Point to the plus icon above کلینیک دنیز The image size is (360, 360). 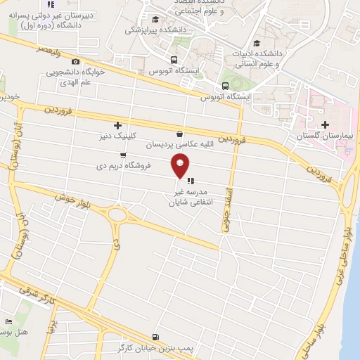pos(117,124)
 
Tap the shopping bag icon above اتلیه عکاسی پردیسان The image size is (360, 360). pos(180,134)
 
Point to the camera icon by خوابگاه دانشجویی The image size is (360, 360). pos(76,61)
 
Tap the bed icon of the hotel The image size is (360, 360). pos(9,321)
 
